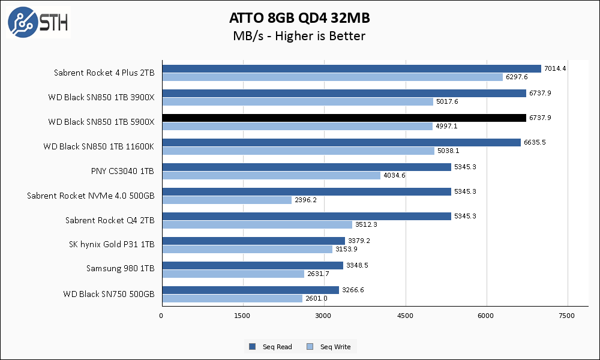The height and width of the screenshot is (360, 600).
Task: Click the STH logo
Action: point(38,23)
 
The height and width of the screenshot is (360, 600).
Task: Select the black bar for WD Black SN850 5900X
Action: point(344,118)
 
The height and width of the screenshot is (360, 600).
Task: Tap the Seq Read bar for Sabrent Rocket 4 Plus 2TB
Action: point(351,69)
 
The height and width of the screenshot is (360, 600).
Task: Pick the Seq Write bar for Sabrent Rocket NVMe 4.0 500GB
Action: point(226,200)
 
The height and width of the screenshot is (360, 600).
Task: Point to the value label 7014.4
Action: point(555,68)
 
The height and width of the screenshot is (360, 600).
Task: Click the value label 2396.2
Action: point(305,200)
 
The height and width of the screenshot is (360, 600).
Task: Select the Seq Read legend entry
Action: point(271,347)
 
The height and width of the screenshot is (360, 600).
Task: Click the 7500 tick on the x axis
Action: point(567,316)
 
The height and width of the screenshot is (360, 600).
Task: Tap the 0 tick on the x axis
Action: point(161,316)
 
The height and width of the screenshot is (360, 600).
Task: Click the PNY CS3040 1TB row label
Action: point(122,171)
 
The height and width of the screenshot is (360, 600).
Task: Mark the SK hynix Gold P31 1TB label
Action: point(112,245)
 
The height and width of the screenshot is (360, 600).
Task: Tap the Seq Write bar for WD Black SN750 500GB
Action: point(232,298)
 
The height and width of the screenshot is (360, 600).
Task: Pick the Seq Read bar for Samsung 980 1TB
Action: point(252,265)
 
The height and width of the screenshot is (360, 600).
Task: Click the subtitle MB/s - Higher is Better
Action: point(299,36)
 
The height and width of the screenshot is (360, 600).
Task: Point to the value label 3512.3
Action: point(366,224)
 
